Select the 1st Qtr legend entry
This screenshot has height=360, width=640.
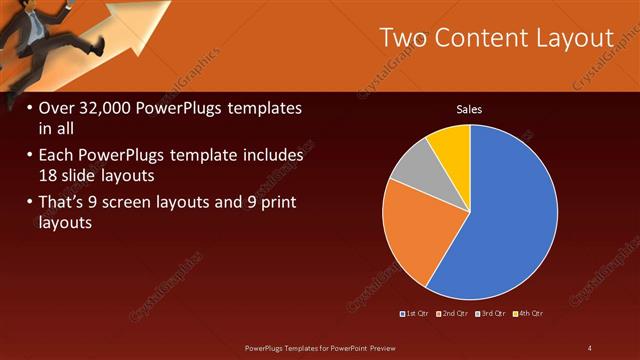click(x=415, y=314)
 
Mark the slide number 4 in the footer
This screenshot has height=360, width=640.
click(x=589, y=347)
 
